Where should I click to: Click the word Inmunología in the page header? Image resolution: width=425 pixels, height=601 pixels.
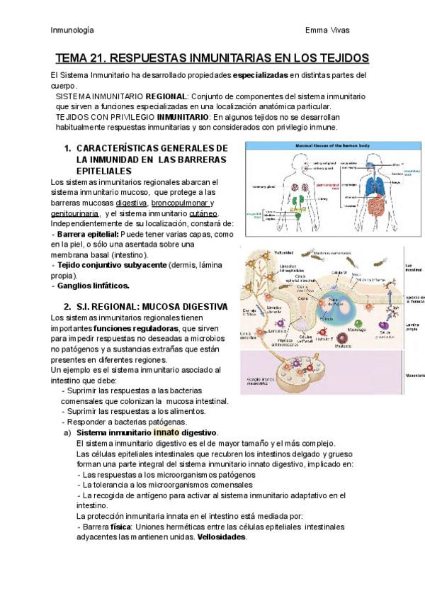[x=72, y=30]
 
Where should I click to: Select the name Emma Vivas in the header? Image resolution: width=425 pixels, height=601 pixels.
[x=327, y=30]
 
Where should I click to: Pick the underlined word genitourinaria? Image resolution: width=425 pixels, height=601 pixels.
[x=75, y=213]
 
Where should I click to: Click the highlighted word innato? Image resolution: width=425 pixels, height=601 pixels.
[x=166, y=432]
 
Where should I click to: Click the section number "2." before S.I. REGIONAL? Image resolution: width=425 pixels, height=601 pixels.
[x=68, y=306]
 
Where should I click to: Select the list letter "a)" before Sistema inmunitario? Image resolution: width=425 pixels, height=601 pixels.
[x=67, y=432]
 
